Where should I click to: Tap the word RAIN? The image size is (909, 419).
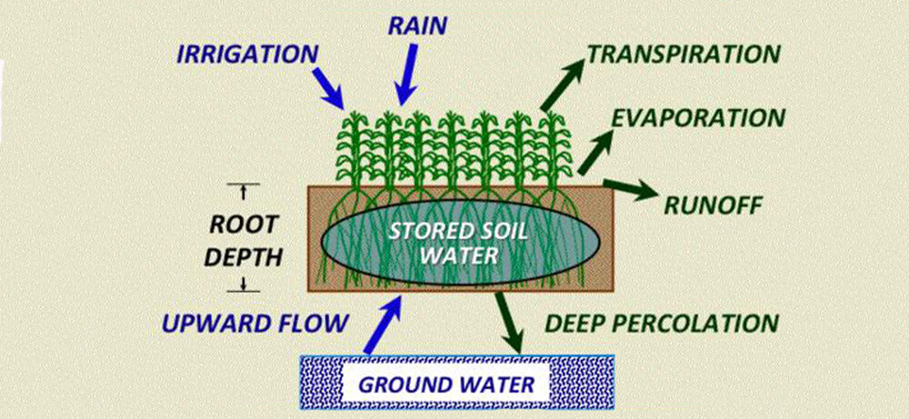(x=416, y=25)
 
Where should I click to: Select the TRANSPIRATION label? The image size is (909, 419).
(x=684, y=54)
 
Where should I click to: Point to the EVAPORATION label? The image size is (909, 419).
(x=697, y=118)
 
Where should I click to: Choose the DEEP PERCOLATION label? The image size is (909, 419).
(x=661, y=323)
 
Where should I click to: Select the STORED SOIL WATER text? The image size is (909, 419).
(x=444, y=243)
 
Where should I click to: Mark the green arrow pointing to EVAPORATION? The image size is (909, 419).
(x=595, y=145)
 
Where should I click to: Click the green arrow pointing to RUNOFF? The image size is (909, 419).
(x=628, y=189)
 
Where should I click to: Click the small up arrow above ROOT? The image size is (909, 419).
(x=243, y=191)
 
